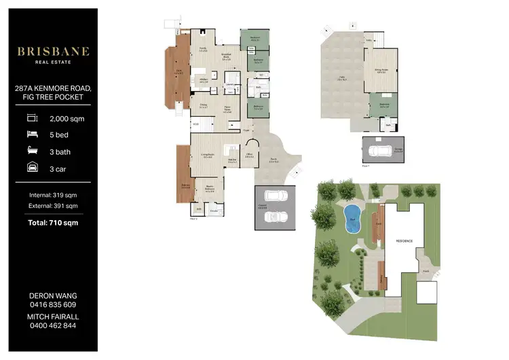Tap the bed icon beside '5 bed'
(x=31, y=134)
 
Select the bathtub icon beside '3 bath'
(x=31, y=151)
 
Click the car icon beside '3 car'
(x=31, y=167)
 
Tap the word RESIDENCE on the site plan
(x=404, y=240)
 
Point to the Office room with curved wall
(x=249, y=154)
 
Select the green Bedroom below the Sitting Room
(x=384, y=106)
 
